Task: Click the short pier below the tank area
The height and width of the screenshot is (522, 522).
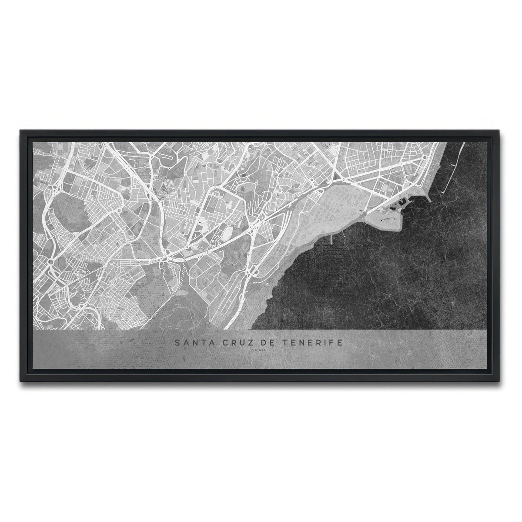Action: [331, 239]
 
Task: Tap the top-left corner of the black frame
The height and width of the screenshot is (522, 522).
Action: [19, 129]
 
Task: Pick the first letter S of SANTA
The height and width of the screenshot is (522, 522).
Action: [177, 343]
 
